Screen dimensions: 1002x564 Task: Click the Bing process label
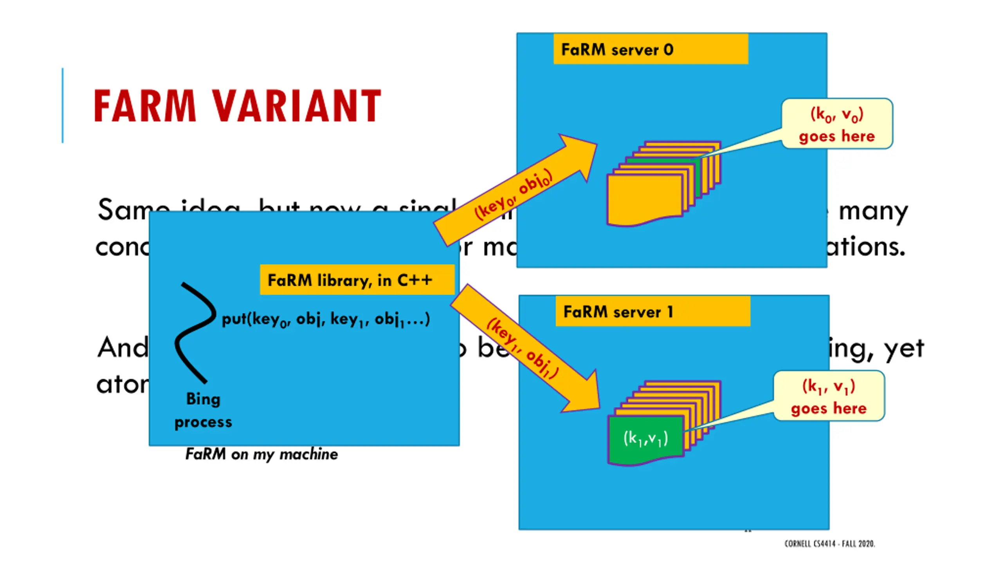(x=203, y=410)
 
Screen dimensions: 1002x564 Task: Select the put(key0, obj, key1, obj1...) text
(x=326, y=319)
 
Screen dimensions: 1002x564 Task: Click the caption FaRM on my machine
(x=261, y=454)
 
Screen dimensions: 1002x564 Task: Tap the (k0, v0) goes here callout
(x=837, y=124)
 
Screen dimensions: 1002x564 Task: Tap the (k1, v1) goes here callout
(x=829, y=396)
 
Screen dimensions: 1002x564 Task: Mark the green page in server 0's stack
(x=661, y=161)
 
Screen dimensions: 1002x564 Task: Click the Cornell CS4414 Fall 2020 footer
(x=829, y=544)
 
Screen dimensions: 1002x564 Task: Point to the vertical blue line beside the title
(x=63, y=105)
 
